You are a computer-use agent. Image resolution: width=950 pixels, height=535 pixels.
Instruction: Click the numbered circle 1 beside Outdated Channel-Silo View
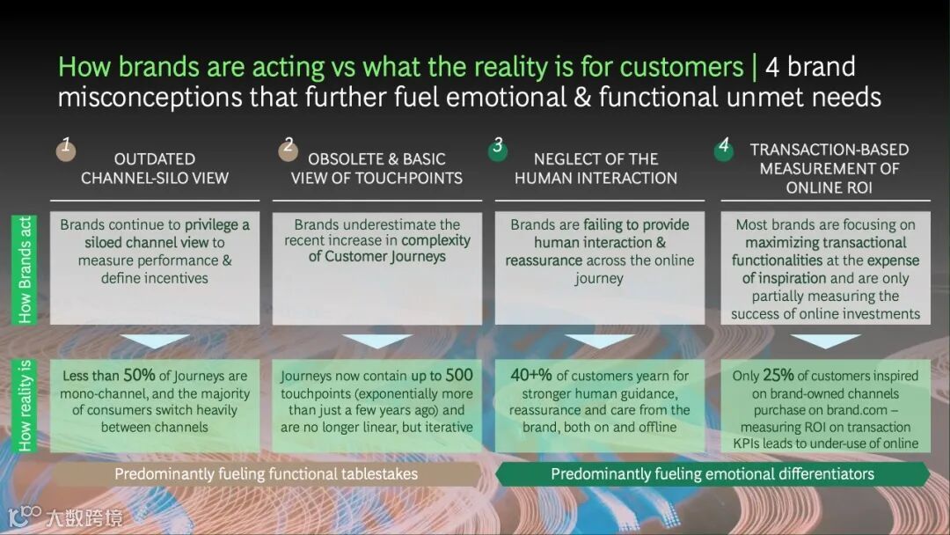point(64,149)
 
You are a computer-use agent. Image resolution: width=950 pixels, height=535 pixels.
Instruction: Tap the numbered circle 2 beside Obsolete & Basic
point(287,150)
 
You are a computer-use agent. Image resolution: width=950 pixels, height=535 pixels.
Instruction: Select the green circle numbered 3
point(497,150)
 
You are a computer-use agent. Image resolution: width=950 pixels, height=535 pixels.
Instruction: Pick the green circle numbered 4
point(723,150)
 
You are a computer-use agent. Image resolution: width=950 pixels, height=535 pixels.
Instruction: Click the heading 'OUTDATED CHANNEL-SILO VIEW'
point(155,168)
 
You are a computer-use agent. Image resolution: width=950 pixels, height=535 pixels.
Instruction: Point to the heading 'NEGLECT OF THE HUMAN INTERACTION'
point(596,168)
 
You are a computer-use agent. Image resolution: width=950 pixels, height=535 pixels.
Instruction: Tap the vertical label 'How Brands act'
point(24,269)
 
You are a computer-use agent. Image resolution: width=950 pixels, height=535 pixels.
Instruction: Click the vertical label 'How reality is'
point(24,406)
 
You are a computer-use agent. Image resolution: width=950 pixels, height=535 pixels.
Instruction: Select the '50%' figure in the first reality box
point(139,376)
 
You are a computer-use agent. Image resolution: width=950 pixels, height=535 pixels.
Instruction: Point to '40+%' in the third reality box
point(532,376)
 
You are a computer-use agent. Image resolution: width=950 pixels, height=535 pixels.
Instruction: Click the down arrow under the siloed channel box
point(154,341)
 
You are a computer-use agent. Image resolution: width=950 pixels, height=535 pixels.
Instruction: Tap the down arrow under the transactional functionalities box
point(825,341)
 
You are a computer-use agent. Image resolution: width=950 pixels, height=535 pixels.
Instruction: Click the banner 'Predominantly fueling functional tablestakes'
point(266,474)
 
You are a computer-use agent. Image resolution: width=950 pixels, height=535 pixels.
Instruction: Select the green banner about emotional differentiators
point(712,474)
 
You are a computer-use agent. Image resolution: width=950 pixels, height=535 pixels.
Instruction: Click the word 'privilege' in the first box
point(216,225)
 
